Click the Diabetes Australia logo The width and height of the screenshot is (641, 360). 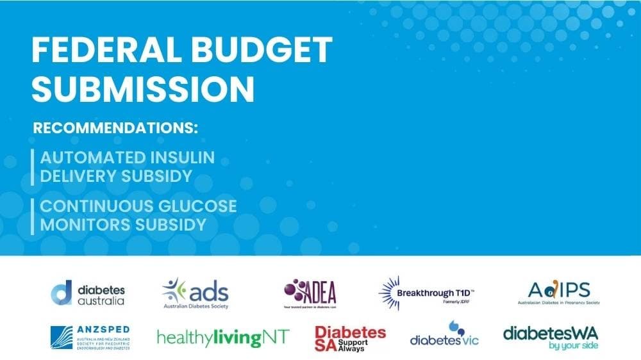pyautogui.click(x=88, y=293)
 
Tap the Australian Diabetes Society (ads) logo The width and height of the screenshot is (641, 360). pyautogui.click(x=196, y=293)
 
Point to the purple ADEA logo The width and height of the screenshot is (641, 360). pyautogui.click(x=310, y=293)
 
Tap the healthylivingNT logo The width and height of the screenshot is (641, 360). pyautogui.click(x=223, y=337)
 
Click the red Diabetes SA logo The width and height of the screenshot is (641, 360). pyautogui.click(x=350, y=338)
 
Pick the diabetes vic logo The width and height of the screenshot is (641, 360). pyautogui.click(x=445, y=336)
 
